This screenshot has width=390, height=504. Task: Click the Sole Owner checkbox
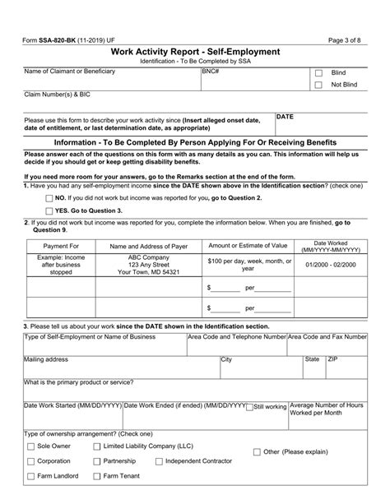(30, 446)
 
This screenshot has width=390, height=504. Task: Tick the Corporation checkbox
(30, 462)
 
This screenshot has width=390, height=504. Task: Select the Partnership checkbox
(95, 462)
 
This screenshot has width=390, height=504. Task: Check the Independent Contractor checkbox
(157, 462)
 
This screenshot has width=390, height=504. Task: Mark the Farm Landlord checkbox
(30, 477)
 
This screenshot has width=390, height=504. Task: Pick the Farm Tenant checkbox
(95, 477)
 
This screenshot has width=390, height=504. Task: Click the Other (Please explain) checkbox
(254, 452)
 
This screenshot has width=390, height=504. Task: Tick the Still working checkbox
(249, 406)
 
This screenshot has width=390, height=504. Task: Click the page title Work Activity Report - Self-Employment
(194, 51)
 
